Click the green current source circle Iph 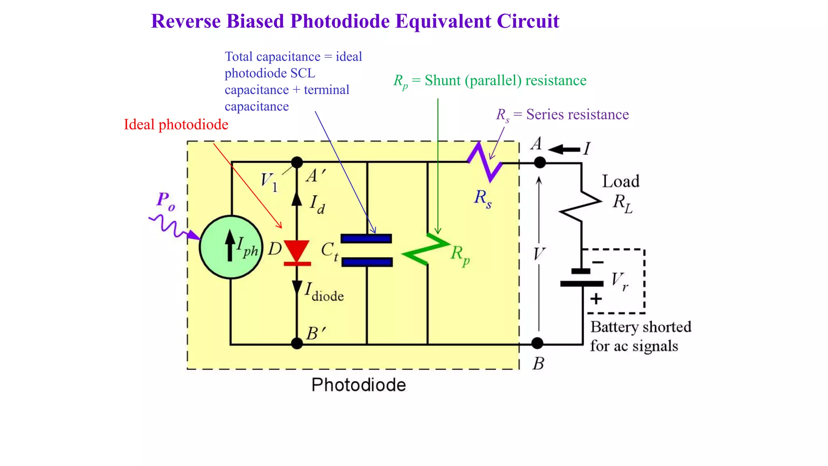coord(231,247)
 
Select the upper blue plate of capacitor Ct coord(366,239)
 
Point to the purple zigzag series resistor coord(485,162)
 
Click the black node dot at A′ coord(297,163)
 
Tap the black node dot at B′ coord(297,343)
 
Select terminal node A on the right coord(540,163)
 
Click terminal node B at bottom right coord(537,343)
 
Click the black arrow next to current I coord(564,150)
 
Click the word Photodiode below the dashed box coord(358,385)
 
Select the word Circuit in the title coord(528,21)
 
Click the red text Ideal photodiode coord(176,125)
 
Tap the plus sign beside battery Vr coord(596,299)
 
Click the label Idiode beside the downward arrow coord(324,292)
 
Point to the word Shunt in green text coord(443,80)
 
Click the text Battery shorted coord(640,327)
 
